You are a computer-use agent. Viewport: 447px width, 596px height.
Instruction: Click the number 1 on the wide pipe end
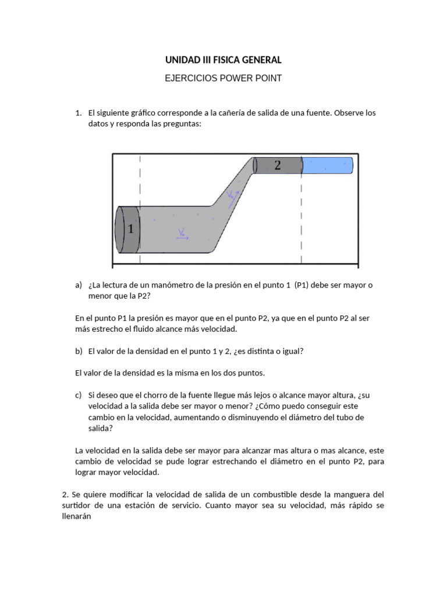(x=130, y=229)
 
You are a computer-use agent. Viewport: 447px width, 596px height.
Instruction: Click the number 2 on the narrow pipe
(x=278, y=165)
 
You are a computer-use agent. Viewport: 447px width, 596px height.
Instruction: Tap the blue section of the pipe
(x=327, y=166)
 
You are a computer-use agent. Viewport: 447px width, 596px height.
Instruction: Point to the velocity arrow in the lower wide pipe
(x=182, y=235)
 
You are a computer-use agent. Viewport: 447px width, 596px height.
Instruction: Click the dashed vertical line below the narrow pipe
(x=301, y=221)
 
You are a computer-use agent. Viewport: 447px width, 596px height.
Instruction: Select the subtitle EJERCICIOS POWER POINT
(x=223, y=78)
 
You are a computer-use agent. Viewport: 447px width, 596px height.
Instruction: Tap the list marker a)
(x=79, y=285)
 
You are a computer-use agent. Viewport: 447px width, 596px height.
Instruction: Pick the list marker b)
(x=79, y=351)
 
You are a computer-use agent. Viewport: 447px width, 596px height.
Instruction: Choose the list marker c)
(x=79, y=395)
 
